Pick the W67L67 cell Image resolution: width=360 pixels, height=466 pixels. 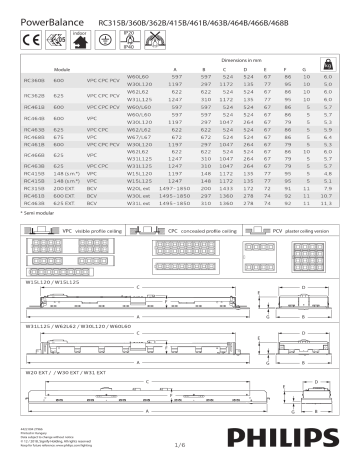(x=138, y=137)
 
